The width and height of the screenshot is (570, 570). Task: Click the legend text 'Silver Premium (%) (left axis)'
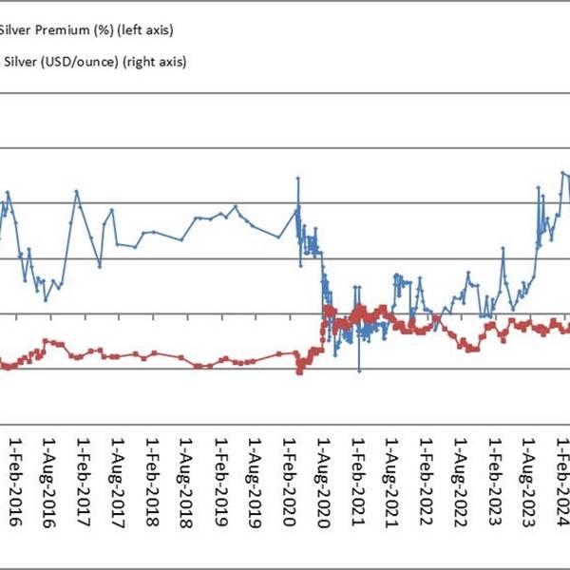point(85,30)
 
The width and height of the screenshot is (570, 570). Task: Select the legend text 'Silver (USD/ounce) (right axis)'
point(93,62)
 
